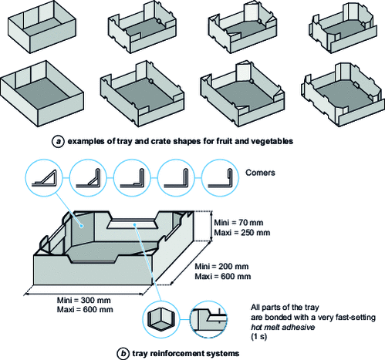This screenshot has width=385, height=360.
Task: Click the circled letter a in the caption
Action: [57, 141]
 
